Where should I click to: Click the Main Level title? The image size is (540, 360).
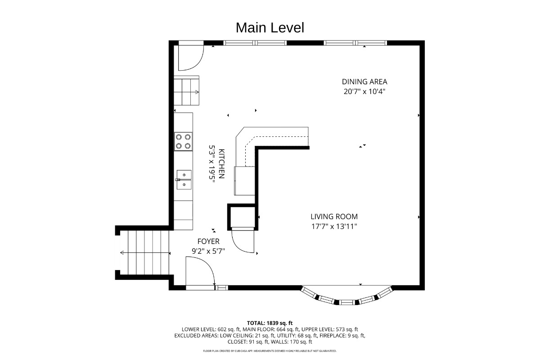click(x=270, y=28)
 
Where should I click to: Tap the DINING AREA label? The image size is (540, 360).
click(x=364, y=82)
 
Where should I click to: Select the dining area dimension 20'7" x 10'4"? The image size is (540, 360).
click(x=364, y=92)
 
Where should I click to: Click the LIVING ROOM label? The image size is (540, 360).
click(x=334, y=216)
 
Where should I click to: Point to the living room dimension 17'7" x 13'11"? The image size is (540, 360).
click(x=334, y=226)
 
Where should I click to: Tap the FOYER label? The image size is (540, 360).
click(x=208, y=241)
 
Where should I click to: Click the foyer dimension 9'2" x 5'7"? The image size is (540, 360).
click(x=208, y=251)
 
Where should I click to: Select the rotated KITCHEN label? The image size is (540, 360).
click(x=221, y=164)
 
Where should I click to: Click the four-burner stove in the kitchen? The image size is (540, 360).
click(x=183, y=142)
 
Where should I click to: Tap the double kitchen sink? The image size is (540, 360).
click(x=184, y=180)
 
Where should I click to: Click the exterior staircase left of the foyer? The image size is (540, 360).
click(x=144, y=253)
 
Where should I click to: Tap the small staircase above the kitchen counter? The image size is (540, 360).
click(x=187, y=90)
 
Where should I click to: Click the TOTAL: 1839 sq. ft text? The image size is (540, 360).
click(x=270, y=323)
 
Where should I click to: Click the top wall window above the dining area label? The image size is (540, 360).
click(x=355, y=43)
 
